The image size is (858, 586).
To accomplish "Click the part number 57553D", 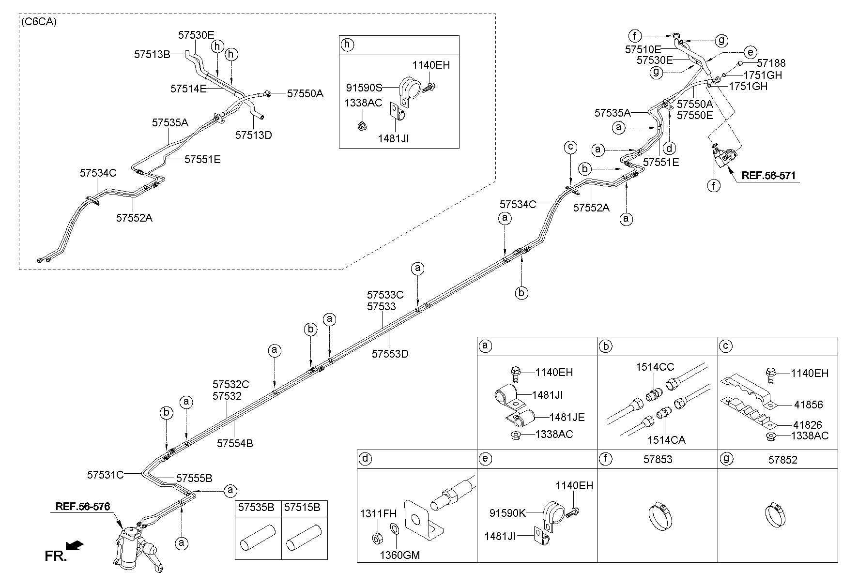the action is (x=390, y=354).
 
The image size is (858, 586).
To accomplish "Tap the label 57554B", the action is (x=235, y=443).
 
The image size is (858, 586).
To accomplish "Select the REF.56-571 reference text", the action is (x=768, y=176).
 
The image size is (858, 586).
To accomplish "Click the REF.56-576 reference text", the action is (x=83, y=507).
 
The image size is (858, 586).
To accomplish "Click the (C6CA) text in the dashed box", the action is (x=39, y=22).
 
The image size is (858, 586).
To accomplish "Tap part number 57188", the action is (x=771, y=63).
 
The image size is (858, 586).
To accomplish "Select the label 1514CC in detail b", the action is (x=655, y=367).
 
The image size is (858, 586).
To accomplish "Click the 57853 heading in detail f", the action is (x=658, y=459).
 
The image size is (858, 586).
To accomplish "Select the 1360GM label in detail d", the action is (x=399, y=555).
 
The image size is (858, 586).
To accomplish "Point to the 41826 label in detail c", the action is (x=808, y=425).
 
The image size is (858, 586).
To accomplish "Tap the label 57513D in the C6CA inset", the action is (x=254, y=135).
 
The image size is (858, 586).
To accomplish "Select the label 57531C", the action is (x=106, y=475).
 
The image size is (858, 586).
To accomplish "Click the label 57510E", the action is (x=643, y=49).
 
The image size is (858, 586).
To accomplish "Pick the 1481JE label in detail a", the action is (x=567, y=417).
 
